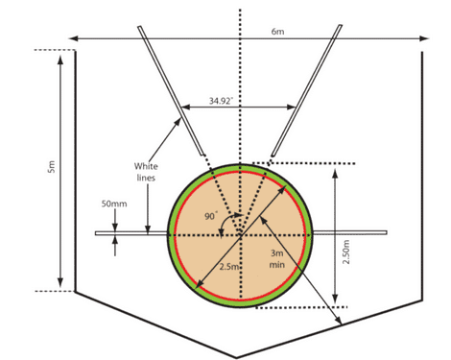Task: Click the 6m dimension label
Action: (x=277, y=32)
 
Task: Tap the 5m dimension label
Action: (x=52, y=167)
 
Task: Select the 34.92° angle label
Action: (x=221, y=101)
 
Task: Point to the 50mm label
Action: (x=114, y=204)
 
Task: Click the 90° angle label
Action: (x=211, y=216)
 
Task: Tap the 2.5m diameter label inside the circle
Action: (x=229, y=266)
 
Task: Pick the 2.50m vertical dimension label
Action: (x=346, y=252)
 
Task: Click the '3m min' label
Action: (x=277, y=259)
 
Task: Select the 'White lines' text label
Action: (x=146, y=172)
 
